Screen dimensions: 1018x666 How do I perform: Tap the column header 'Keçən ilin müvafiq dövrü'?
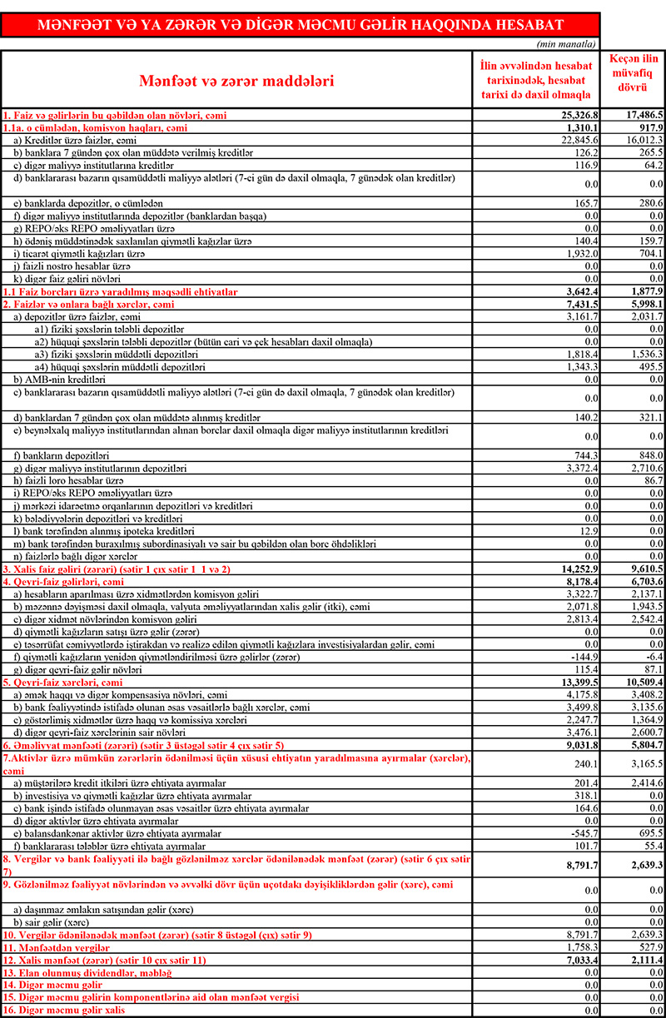634,72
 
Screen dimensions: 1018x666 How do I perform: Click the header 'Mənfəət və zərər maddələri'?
236,82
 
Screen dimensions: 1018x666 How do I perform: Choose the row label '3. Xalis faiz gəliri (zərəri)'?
116,569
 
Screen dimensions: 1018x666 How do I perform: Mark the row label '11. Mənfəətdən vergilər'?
57,947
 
